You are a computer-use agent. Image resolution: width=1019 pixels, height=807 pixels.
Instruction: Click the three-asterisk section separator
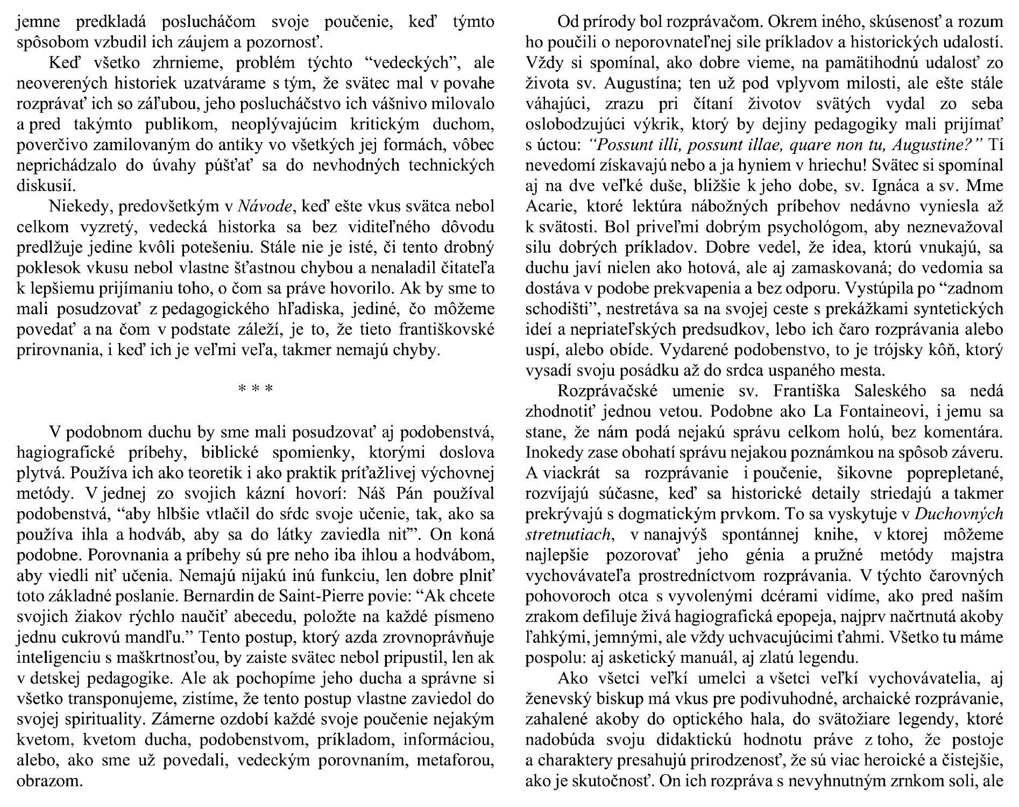tap(256, 388)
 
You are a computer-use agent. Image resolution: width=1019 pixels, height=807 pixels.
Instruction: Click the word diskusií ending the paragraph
tap(46, 186)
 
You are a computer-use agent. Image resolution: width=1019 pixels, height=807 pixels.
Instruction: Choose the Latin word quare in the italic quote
tap(822, 145)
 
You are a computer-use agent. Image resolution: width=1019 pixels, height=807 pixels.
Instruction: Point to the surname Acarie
tap(551, 207)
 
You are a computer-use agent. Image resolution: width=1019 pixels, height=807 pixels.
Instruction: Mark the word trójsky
tap(902, 350)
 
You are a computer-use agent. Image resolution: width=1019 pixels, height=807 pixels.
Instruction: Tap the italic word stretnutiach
tap(568, 534)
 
